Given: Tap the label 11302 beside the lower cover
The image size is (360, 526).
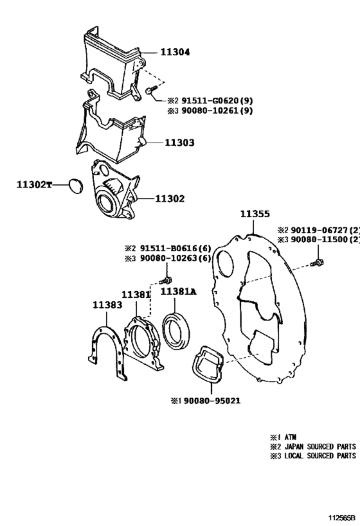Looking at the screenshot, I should tap(169, 198).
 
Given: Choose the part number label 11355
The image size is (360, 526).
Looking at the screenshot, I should tap(255, 214).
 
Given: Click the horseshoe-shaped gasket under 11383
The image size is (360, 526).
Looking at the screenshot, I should tap(106, 353).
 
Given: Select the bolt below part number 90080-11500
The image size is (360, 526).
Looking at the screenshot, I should tap(319, 262).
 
